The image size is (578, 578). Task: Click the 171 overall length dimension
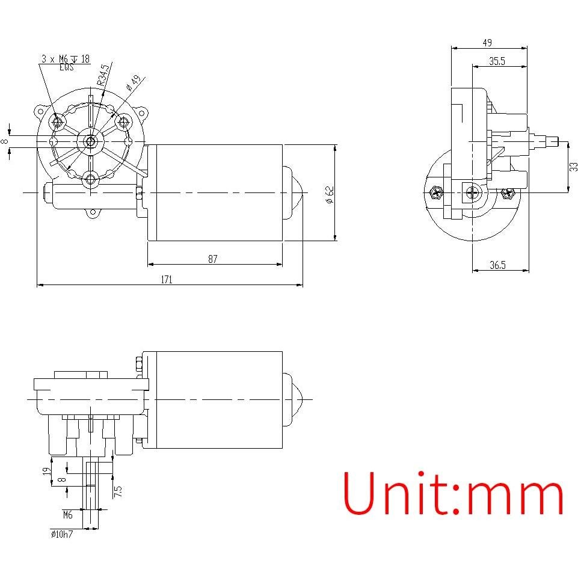[x=167, y=279]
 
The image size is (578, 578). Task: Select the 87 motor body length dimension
[x=213, y=259]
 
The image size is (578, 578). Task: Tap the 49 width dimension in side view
[x=487, y=43]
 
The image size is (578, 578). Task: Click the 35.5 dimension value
[x=497, y=61]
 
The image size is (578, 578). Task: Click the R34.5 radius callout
[x=105, y=74]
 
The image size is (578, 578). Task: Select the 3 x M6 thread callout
[x=66, y=59]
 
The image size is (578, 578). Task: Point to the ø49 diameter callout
[x=133, y=82]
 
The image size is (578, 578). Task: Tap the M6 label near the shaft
[x=67, y=515]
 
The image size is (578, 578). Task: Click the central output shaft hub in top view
[x=90, y=141]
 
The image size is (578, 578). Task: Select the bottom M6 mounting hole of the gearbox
[x=91, y=178]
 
